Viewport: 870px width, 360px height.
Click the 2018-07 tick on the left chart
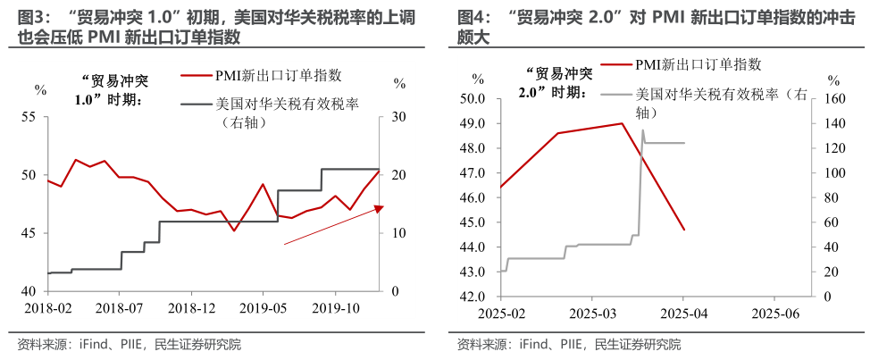pos(120,307)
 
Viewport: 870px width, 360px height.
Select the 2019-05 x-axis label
pos(263,307)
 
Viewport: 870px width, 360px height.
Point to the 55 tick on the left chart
pos(29,117)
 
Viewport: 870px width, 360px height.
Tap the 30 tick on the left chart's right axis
pos(398,117)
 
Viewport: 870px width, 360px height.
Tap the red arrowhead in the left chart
pos(378,209)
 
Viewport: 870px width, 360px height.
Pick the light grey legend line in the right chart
pos(615,94)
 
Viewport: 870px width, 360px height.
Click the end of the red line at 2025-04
pos(684,230)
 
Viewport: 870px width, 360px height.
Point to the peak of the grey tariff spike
pos(642,130)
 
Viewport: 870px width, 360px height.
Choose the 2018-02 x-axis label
pos(47,307)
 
